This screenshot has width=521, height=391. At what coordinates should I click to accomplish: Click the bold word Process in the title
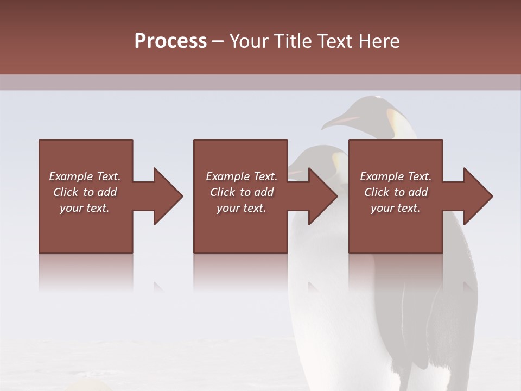click(x=170, y=41)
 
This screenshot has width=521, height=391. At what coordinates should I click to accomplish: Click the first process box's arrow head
click(x=168, y=196)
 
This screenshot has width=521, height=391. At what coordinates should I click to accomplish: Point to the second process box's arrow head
click(x=323, y=196)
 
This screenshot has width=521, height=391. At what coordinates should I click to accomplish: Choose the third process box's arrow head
click(x=478, y=196)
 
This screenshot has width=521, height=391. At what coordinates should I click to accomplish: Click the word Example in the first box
click(x=71, y=176)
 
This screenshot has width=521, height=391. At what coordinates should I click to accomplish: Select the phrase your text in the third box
click(x=395, y=208)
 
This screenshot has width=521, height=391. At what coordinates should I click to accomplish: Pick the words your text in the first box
click(x=85, y=208)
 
